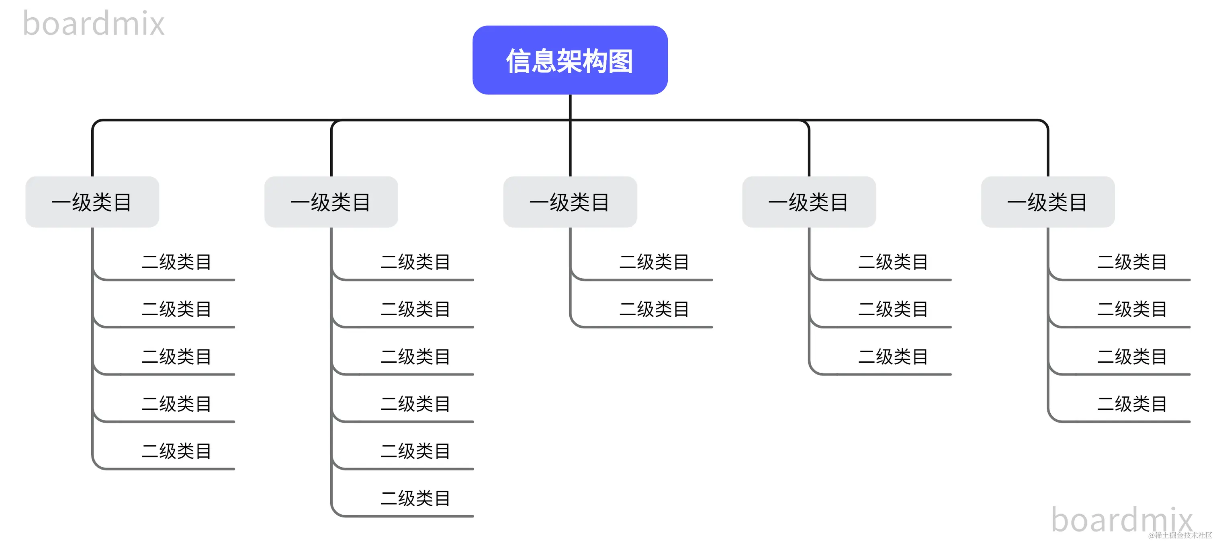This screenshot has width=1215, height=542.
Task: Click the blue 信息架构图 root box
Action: point(570,60)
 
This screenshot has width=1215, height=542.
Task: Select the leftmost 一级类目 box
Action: point(92,202)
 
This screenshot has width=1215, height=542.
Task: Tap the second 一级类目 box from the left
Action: point(331,202)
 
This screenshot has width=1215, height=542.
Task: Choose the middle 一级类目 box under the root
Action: point(570,202)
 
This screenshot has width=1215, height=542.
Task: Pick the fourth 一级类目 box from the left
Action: point(809,202)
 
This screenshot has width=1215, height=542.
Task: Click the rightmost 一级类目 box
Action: point(1047,202)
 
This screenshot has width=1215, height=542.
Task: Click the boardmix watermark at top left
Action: point(93,24)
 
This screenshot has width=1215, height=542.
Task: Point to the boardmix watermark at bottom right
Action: point(1122,519)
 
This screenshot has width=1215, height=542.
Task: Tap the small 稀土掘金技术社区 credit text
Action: point(1179,536)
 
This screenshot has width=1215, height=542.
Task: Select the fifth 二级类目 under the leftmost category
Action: point(176,451)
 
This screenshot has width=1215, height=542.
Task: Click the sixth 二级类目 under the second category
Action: point(415,498)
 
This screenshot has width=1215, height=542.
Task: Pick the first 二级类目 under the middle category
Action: point(654,262)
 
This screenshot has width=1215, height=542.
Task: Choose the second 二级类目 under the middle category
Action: point(654,309)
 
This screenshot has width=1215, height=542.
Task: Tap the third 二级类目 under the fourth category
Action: point(893,357)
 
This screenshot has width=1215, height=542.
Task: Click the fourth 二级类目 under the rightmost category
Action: point(1132,404)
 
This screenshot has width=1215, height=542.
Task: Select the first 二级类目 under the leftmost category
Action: point(176,262)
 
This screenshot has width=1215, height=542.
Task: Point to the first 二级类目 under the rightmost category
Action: point(1132,262)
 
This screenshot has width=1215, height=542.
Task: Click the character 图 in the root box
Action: point(620,62)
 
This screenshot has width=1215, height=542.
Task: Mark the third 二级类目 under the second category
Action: point(415,357)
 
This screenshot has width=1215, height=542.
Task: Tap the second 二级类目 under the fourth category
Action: point(893,309)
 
